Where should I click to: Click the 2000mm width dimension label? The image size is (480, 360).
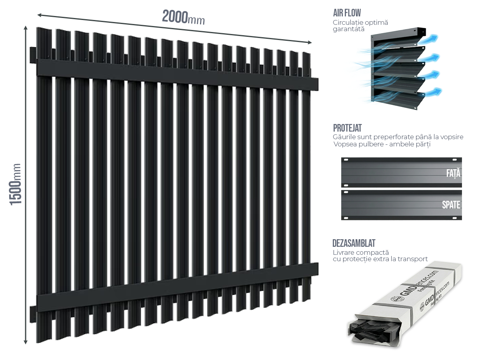click(183, 18)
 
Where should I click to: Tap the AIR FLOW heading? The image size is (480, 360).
click(347, 13)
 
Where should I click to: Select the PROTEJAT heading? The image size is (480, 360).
click(347, 128)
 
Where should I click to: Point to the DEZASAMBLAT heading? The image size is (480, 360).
click(354, 243)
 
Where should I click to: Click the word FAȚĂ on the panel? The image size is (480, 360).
click(453, 174)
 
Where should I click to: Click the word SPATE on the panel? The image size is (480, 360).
click(451, 205)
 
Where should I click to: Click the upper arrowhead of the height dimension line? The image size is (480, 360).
click(26, 28)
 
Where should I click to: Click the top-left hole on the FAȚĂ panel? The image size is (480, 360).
click(346, 160)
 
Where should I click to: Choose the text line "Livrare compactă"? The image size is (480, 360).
click(360, 253)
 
